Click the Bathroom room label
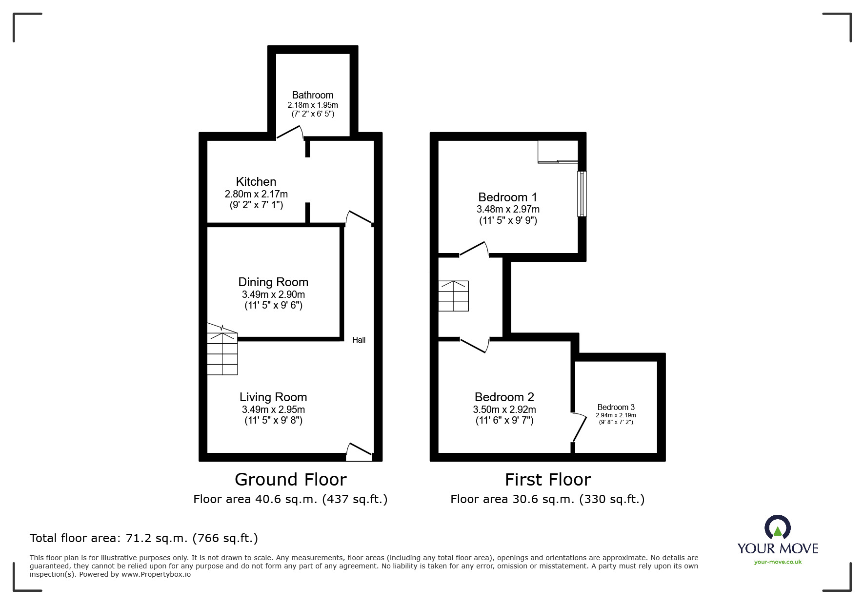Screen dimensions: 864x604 (313, 95)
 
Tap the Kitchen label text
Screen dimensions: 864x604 (256, 182)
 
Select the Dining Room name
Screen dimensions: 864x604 (273, 282)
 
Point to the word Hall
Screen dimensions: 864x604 (359, 340)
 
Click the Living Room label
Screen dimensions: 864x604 (273, 397)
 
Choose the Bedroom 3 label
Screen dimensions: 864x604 (616, 407)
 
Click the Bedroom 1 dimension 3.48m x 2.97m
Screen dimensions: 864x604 (508, 209)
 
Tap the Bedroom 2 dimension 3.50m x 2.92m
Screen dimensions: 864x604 (504, 409)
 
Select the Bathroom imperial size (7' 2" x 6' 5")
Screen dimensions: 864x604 (313, 114)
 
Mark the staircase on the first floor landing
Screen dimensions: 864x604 (454, 296)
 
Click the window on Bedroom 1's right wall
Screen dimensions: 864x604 (582, 194)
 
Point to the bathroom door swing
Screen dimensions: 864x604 (291, 133)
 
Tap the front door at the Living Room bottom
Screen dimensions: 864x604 (359, 452)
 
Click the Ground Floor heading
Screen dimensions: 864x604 (291, 480)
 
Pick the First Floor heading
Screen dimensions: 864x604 (548, 480)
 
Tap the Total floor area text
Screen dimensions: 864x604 (144, 538)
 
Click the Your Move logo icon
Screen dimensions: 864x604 (777, 527)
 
